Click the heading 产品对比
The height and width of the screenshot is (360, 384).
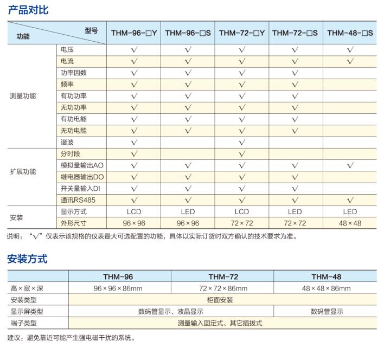click(28, 9)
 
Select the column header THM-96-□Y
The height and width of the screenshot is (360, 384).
click(134, 33)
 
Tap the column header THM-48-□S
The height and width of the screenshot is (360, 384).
click(350, 33)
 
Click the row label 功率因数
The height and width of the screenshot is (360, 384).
click(73, 73)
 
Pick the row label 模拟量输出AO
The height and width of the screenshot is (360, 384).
click(82, 165)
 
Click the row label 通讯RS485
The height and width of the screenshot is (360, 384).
click(78, 200)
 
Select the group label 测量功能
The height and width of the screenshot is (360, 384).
click(23, 96)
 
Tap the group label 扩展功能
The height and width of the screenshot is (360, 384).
click(23, 171)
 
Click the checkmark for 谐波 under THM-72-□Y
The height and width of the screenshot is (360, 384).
click(242, 142)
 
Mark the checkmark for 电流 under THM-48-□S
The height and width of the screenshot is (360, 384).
click(350, 61)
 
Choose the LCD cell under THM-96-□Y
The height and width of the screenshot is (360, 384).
click(134, 211)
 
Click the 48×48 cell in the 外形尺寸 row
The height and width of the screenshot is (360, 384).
click(350, 223)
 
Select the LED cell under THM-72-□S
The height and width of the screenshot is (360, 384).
click(295, 211)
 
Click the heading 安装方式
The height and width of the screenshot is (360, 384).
click(28, 259)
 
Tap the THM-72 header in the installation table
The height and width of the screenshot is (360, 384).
click(222, 277)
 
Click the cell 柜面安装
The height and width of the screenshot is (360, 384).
click(222, 300)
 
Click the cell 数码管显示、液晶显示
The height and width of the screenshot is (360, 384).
click(171, 311)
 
